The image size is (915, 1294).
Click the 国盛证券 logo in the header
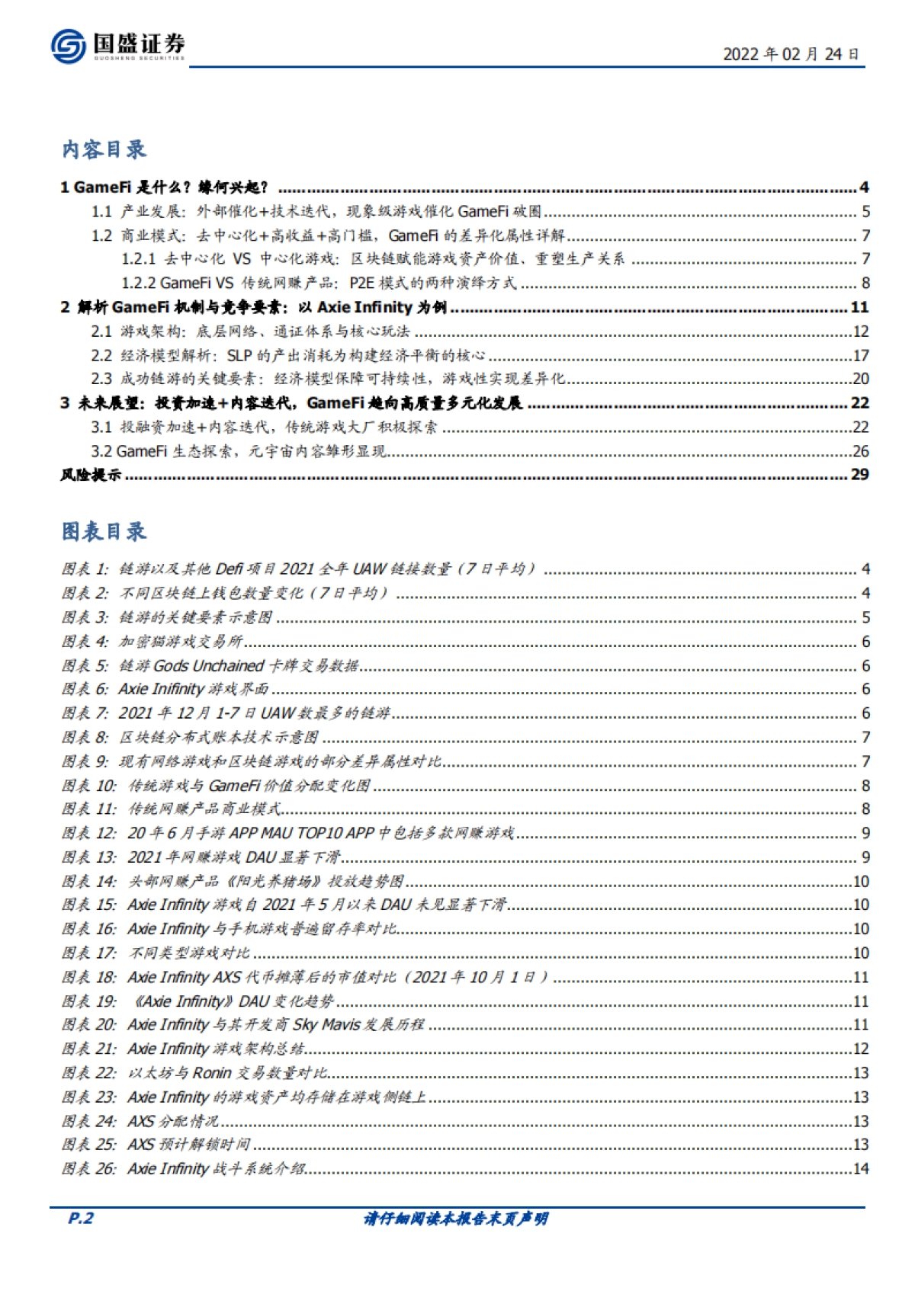(117, 46)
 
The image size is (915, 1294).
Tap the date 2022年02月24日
(791, 54)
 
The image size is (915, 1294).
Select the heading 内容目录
(104, 149)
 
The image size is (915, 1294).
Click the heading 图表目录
(104, 531)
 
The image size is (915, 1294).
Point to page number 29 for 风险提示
(859, 475)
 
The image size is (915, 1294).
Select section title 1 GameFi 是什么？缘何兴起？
(165, 187)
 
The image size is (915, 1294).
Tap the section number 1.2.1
(138, 259)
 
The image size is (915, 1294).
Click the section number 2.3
(101, 379)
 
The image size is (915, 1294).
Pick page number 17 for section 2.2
(860, 356)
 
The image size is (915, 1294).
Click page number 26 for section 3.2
(860, 451)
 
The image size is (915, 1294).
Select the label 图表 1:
(85, 569)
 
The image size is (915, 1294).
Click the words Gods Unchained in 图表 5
(208, 666)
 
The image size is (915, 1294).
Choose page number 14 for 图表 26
(860, 1169)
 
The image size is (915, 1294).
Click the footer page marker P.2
(81, 1219)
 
